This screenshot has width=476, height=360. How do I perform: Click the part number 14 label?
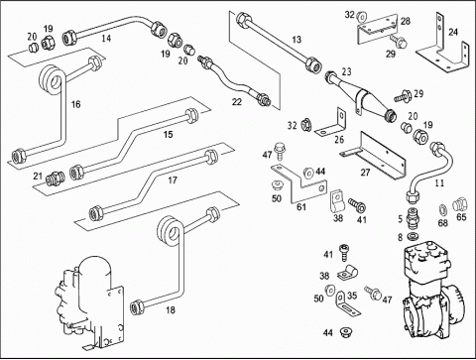click(x=106, y=39)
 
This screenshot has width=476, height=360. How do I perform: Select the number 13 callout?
click(x=297, y=40)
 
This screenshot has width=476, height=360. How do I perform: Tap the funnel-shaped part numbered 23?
click(x=360, y=95)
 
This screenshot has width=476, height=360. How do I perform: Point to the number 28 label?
click(x=406, y=21)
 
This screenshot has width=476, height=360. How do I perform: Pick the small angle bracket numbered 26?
click(x=330, y=123)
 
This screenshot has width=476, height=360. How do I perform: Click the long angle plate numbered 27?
click(x=374, y=156)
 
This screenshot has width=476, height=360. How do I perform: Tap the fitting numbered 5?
click(x=411, y=218)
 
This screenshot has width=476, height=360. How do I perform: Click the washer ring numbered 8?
click(x=412, y=237)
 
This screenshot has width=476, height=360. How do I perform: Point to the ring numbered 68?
click(x=442, y=209)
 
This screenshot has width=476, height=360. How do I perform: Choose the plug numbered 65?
click(x=459, y=203)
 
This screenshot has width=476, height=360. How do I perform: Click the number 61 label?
click(x=301, y=207)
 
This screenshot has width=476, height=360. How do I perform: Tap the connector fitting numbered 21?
click(x=55, y=179)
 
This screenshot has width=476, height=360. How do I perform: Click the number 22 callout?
click(x=237, y=102)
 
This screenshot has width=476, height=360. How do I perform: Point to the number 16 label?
click(x=76, y=104)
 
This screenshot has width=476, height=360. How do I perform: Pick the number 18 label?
click(x=171, y=310)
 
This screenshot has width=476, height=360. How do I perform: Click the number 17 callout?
click(x=173, y=180)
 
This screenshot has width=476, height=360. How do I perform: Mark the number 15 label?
click(x=169, y=135)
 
